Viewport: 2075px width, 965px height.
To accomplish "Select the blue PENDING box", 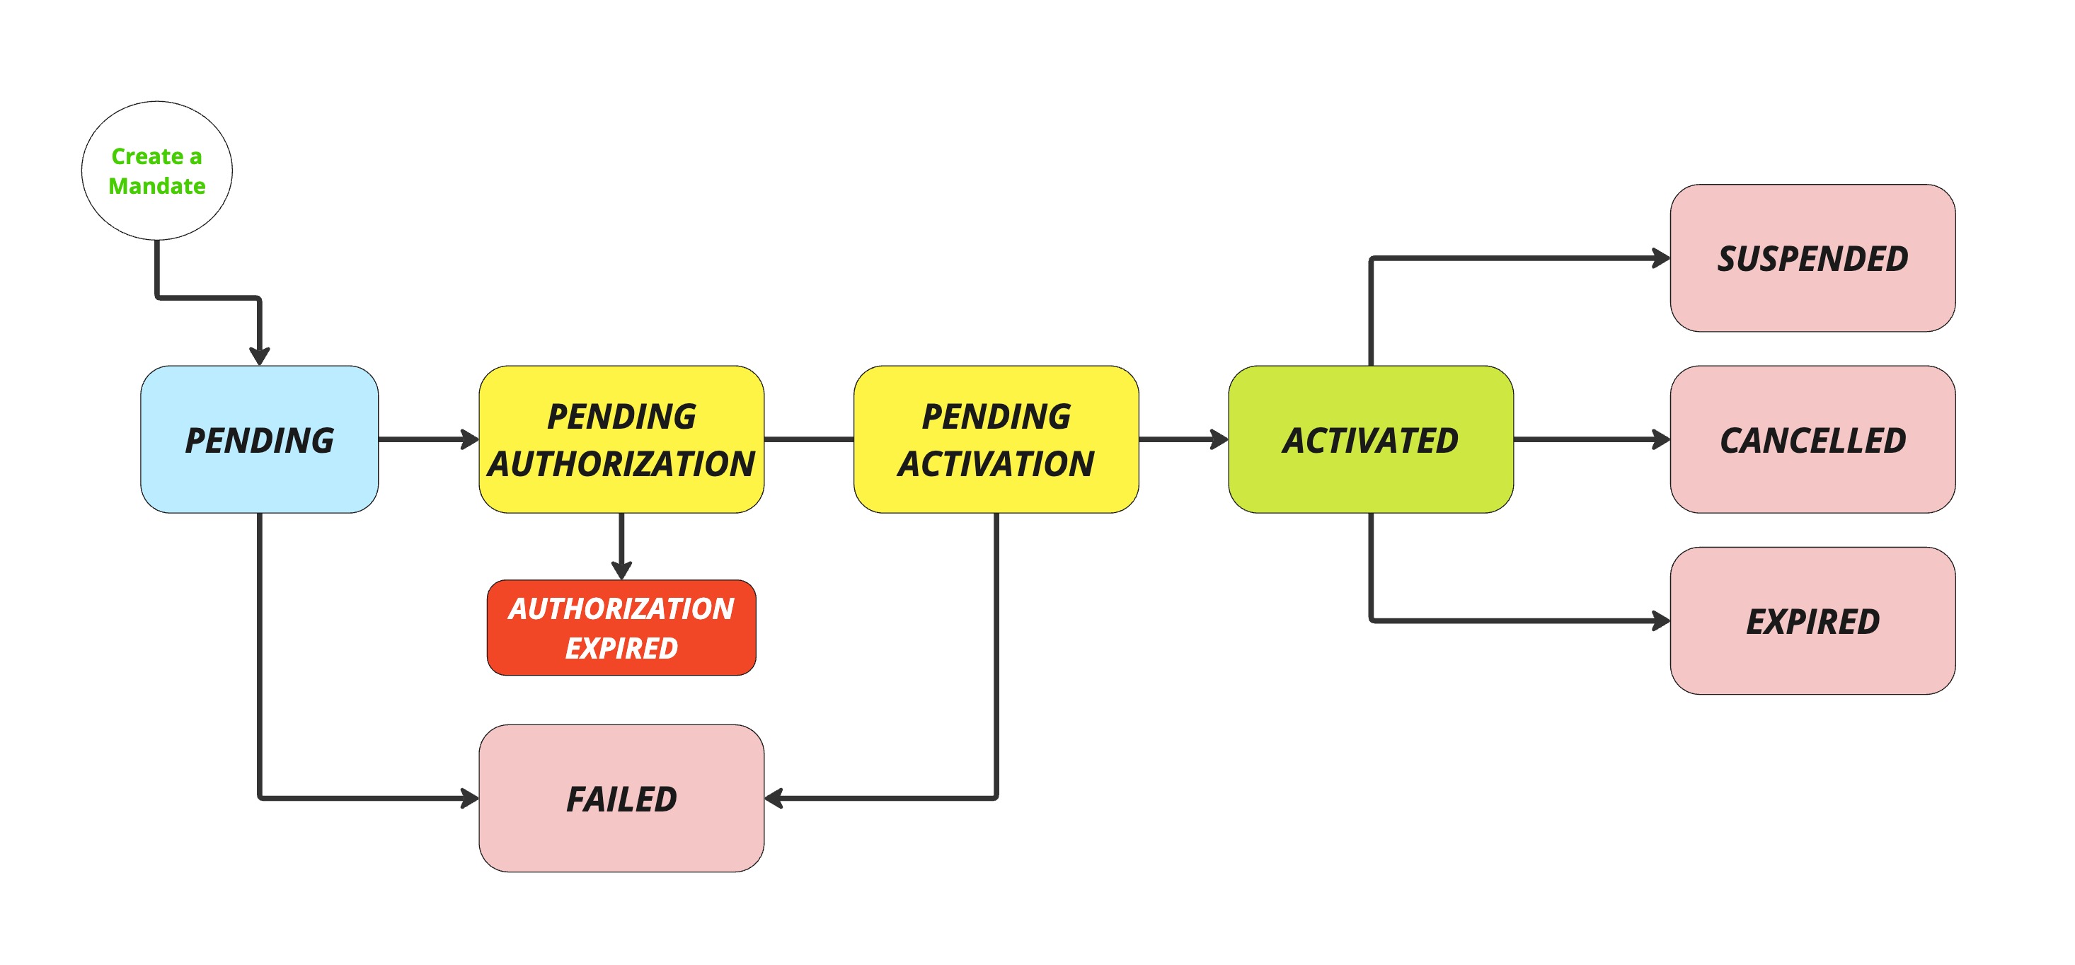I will [x=258, y=440].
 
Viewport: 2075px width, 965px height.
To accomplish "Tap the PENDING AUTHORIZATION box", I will [x=621, y=440].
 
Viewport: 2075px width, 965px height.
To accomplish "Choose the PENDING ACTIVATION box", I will [x=996, y=440].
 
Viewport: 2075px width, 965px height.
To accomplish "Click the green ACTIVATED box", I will [x=1370, y=440].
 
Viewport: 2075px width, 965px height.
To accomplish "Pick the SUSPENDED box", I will [x=1812, y=258].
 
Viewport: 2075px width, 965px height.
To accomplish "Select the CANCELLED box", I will [x=1812, y=440].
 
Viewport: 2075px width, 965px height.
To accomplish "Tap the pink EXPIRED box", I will [x=1812, y=621].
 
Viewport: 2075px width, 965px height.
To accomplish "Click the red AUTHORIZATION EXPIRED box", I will [x=621, y=628].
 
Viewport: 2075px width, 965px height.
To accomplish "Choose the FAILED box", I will [x=621, y=798].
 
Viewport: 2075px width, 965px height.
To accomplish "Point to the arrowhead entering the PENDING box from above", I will [x=259, y=356].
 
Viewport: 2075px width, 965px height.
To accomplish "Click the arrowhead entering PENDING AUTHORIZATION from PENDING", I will [x=470, y=440].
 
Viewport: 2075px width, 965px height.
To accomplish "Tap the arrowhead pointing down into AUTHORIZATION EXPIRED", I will [x=621, y=570].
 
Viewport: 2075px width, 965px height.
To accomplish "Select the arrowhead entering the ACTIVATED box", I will [x=1219, y=440].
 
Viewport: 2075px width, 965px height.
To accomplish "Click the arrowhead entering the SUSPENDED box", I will [x=1661, y=258].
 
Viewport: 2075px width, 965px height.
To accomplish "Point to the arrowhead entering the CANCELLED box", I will [x=1661, y=440].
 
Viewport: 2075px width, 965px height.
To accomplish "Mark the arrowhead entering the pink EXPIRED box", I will [x=1661, y=621].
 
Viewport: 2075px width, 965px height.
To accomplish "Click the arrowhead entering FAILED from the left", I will [x=470, y=798].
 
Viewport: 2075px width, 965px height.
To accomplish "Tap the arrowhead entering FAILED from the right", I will [x=774, y=798].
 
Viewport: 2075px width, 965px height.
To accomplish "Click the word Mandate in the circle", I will [x=157, y=186].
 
